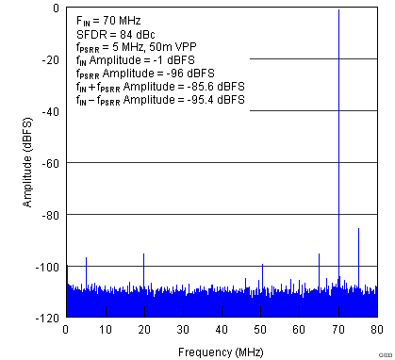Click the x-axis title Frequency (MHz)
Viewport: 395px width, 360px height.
[x=221, y=351]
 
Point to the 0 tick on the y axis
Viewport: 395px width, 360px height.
[x=57, y=8]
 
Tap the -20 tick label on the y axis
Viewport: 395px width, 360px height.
[x=51, y=59]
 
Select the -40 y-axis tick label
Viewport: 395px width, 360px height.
[x=51, y=111]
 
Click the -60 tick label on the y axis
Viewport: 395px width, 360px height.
[x=51, y=163]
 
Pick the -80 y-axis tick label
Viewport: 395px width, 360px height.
[x=51, y=215]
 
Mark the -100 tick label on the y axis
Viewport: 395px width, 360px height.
[x=48, y=267]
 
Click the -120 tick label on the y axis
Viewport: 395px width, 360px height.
[x=48, y=319]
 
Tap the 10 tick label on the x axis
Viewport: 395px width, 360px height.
[x=105, y=330]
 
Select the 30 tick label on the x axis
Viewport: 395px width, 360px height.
[x=182, y=330]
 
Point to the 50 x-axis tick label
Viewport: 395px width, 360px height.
[x=260, y=330]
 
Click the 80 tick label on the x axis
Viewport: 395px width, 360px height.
[x=376, y=330]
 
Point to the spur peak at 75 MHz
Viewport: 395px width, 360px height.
[x=358, y=229]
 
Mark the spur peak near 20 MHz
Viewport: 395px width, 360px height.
[x=143, y=254]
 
